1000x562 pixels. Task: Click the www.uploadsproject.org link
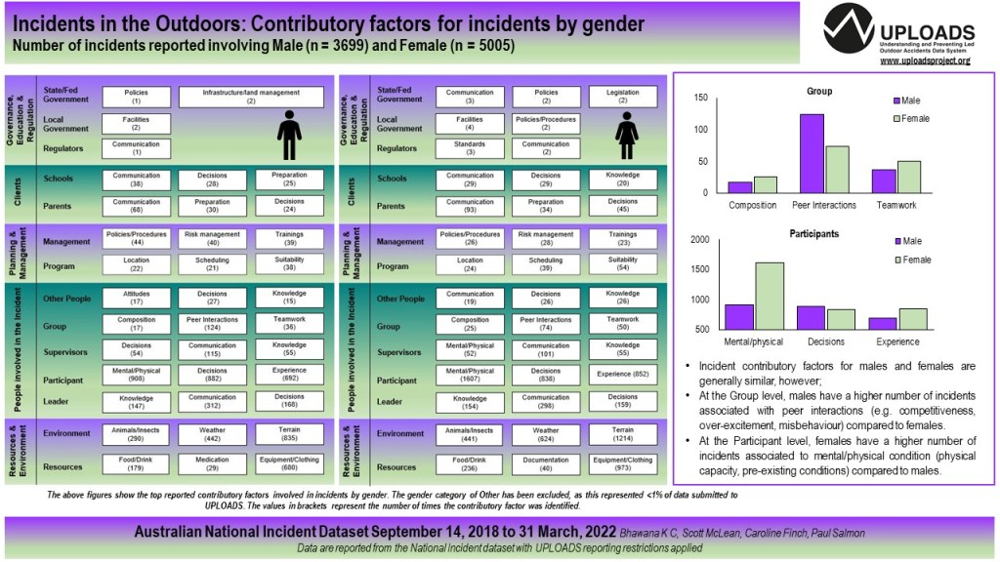(925, 61)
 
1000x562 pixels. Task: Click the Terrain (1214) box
(623, 434)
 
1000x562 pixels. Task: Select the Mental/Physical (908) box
(136, 375)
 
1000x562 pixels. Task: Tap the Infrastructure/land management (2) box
(251, 97)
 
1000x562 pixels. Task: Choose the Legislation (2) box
(623, 97)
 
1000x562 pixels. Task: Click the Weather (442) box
(213, 434)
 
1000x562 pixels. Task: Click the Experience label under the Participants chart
(896, 341)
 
